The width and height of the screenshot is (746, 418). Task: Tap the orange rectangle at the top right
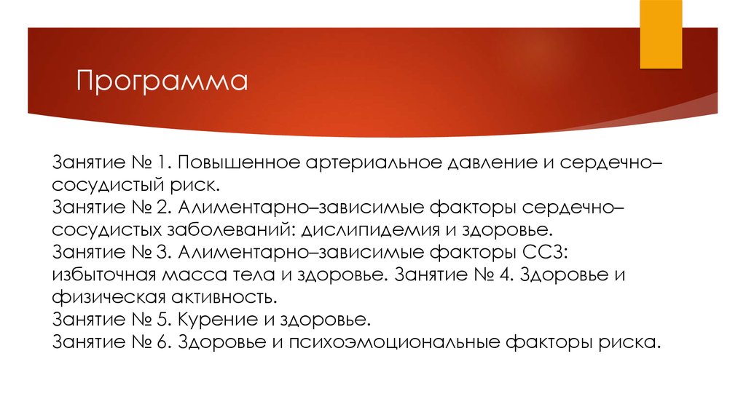[661, 33]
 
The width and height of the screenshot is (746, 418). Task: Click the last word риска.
[633, 342]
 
